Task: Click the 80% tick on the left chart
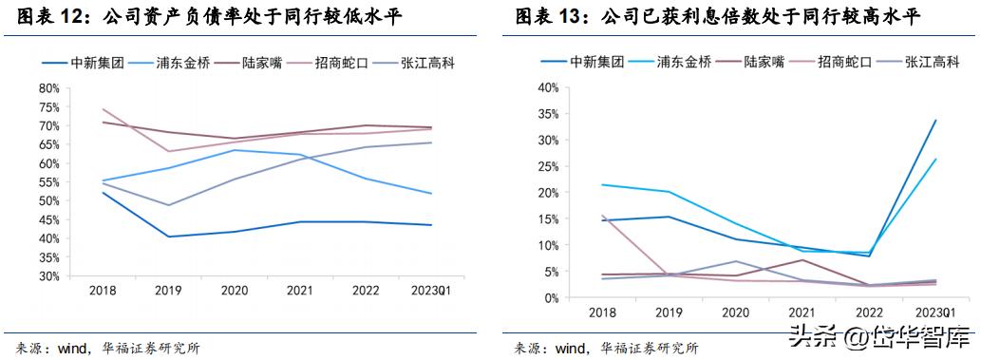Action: tap(47, 87)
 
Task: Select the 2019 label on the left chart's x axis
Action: tap(169, 291)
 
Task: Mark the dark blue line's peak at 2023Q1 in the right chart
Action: tap(935, 121)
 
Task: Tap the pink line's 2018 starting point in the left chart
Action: tap(102, 108)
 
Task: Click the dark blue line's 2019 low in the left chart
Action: tap(169, 237)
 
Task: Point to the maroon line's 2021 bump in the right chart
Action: tap(802, 260)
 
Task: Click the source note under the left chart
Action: tap(103, 348)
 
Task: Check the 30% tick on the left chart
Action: tap(47, 276)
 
